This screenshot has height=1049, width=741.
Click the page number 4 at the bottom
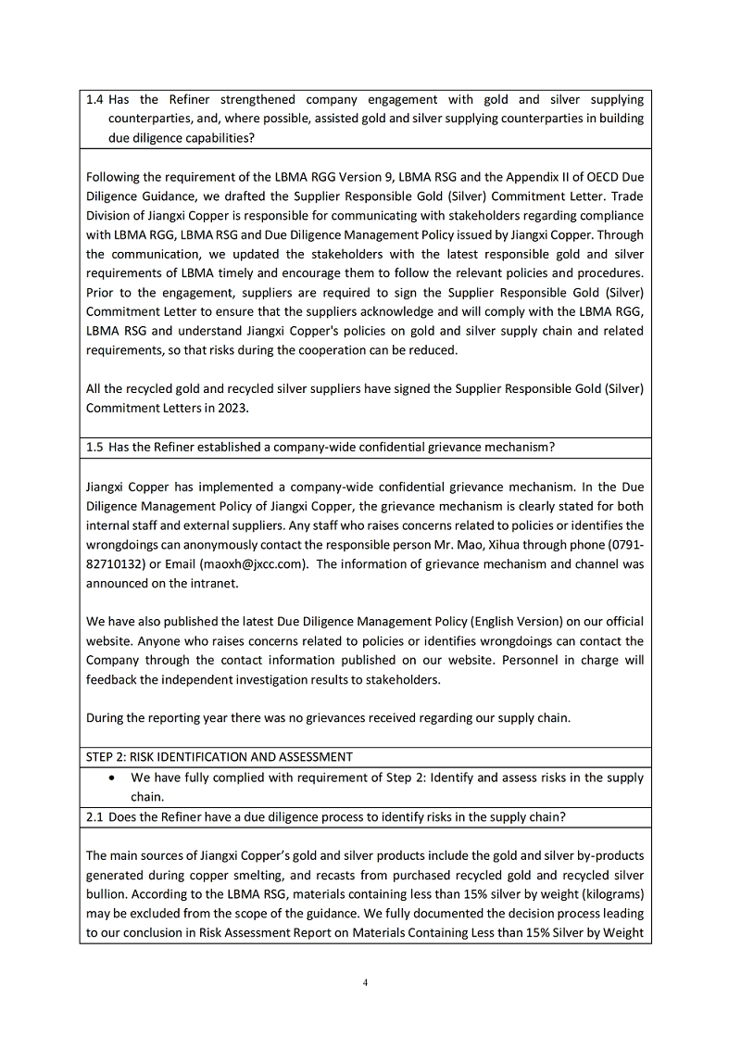368,983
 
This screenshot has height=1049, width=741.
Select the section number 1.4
94,99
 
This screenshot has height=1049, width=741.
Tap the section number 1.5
94,447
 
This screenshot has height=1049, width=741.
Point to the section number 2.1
94,816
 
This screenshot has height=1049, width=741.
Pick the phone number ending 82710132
118,563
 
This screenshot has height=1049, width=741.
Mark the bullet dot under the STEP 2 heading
112,777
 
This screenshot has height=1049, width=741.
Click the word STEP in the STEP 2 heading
100,756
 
